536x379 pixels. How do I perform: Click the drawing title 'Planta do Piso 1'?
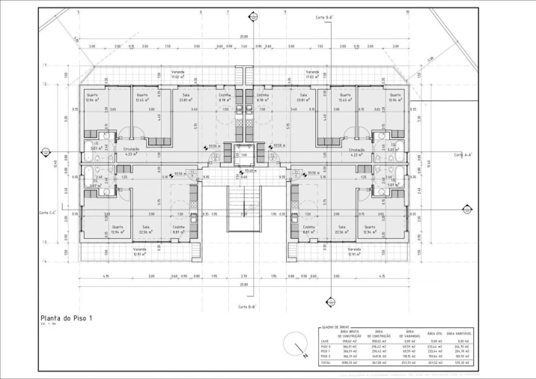66,318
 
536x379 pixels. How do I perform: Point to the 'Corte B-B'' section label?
247,307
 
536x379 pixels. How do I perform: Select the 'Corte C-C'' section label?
49,213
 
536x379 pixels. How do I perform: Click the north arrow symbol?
300,348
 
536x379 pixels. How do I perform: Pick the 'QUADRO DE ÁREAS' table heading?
334,327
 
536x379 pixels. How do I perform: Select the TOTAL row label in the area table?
326,363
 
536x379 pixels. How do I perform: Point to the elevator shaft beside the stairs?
243,157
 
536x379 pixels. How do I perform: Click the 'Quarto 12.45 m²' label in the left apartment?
141,98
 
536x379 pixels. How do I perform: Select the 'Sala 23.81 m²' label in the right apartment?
303,98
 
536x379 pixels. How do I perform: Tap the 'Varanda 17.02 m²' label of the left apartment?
177,75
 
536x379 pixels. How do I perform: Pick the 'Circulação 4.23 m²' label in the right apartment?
356,152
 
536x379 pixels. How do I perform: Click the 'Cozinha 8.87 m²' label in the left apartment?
179,229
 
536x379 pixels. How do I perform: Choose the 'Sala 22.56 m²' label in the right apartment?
341,229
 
